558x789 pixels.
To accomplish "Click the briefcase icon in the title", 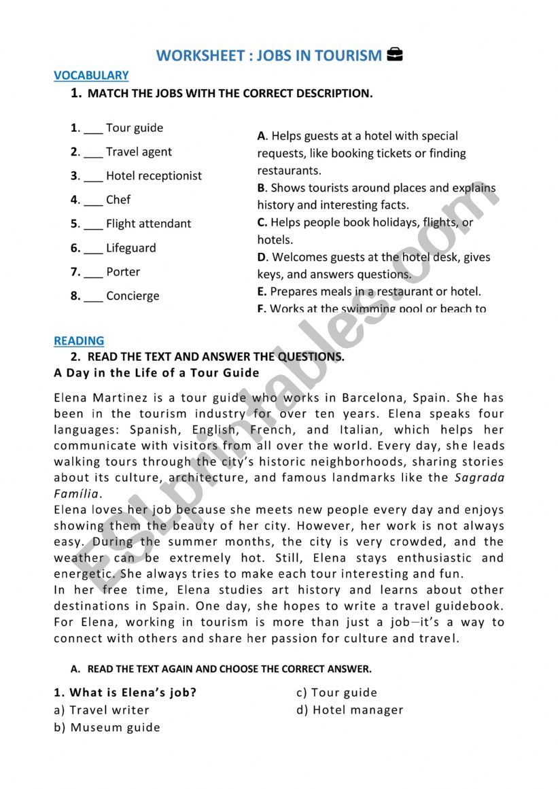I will [394, 55].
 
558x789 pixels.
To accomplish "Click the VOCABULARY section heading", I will [91, 75].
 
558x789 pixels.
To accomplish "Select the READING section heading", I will [79, 340].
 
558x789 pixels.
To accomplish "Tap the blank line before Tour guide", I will [93, 129].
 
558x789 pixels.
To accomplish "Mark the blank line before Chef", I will [93, 201].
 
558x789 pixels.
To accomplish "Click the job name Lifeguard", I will [130, 248].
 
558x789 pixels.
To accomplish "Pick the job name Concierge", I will [133, 296].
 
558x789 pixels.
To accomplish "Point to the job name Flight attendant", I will [148, 224].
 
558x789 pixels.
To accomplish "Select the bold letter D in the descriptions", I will [262, 258].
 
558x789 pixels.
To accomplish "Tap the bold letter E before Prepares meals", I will [261, 292].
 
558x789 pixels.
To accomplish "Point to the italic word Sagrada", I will [479, 477].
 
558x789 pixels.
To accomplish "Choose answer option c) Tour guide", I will [336, 692].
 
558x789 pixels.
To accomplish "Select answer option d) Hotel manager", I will [349, 710].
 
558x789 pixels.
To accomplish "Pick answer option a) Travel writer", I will [101, 710].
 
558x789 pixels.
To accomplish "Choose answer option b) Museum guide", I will [107, 727].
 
